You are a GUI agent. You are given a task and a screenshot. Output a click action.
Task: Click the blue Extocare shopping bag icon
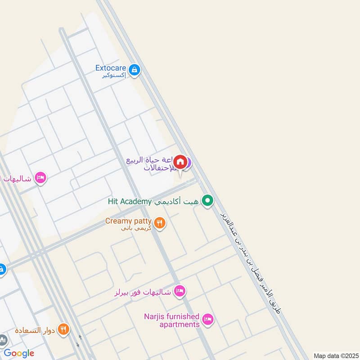(134, 70)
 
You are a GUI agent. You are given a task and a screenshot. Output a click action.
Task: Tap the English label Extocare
(110, 68)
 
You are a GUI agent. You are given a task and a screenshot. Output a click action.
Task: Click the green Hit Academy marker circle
(207, 201)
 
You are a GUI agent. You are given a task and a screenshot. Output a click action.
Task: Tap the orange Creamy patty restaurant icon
(159, 222)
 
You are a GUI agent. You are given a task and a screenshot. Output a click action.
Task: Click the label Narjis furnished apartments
(171, 320)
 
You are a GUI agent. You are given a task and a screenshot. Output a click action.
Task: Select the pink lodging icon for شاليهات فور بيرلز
(180, 291)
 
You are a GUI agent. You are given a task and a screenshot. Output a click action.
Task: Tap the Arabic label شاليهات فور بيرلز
(143, 292)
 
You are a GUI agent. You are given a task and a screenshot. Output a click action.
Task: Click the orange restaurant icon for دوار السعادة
(63, 329)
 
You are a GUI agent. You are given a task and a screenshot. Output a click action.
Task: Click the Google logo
(19, 353)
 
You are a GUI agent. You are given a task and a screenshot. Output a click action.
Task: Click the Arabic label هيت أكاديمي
(177, 202)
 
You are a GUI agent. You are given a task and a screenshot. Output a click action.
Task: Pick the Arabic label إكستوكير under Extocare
(114, 76)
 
